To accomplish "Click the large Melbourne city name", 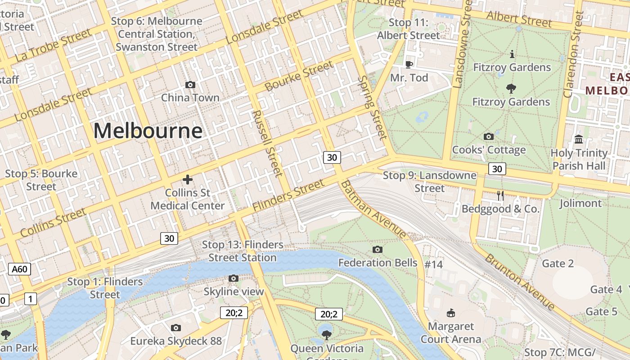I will [148, 131].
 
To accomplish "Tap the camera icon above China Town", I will [190, 85].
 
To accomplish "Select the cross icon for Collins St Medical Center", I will [188, 180].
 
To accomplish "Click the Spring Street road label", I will [372, 108].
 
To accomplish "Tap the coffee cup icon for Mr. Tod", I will [409, 64].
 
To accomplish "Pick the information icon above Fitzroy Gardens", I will [512, 54].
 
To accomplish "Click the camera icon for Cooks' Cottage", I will [488, 136].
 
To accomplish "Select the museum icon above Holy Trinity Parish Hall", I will [579, 139].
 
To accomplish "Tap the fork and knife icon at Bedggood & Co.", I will [500, 195].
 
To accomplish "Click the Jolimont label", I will [580, 203].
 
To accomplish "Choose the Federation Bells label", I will [378, 262].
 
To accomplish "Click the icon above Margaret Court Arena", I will [450, 313].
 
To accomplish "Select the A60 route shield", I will [19, 270].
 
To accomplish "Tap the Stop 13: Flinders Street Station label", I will [243, 251].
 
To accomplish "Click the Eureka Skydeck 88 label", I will [176, 341].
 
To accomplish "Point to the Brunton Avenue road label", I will [520, 282].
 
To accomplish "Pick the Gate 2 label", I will [558, 263].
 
